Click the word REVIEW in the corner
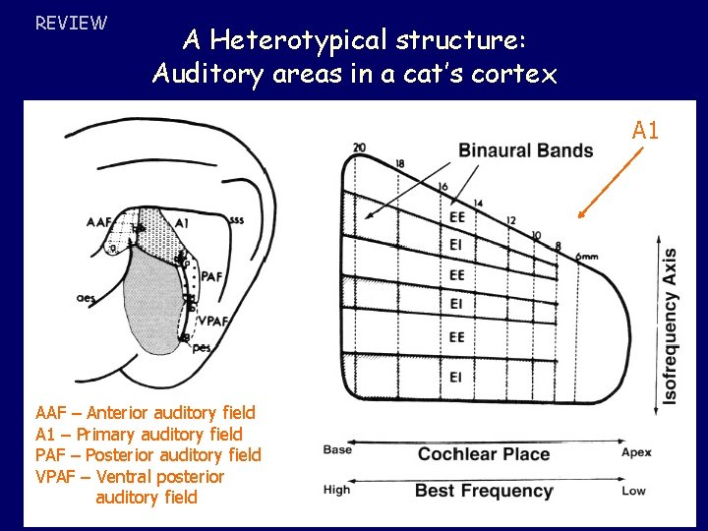[x=71, y=22]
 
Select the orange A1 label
[x=645, y=129]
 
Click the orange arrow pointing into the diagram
[x=604, y=182]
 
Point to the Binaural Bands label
[x=525, y=150]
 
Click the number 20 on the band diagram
[x=359, y=147]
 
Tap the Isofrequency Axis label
[x=670, y=325]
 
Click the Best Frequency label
[x=484, y=490]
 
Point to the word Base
[x=337, y=449]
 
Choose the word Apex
[x=635, y=452]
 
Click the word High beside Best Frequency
[x=336, y=489]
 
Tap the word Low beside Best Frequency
[x=633, y=490]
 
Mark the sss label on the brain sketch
[x=236, y=220]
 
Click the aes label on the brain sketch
[x=86, y=296]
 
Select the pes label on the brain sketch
[x=201, y=346]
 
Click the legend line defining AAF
[x=145, y=413]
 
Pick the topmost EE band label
[x=456, y=216]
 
